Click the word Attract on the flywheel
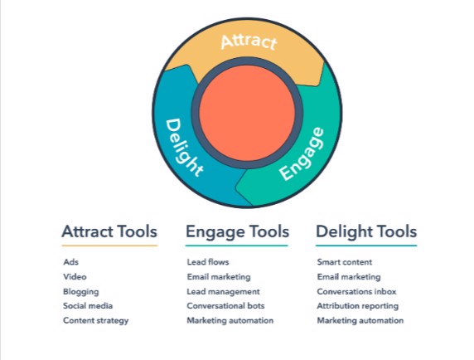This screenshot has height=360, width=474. [x=249, y=41]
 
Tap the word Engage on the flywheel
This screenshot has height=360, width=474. [x=302, y=154]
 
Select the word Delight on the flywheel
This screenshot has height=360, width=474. [x=184, y=148]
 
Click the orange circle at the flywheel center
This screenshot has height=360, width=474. [x=247, y=113]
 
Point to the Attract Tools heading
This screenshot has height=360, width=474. [x=109, y=231]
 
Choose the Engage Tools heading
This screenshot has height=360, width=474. [x=237, y=232]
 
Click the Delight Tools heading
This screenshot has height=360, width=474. [x=366, y=232]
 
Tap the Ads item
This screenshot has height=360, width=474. [x=71, y=262]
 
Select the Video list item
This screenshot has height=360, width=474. [x=75, y=277]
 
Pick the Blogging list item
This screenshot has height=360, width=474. [x=81, y=292]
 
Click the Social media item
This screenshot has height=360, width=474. [x=88, y=306]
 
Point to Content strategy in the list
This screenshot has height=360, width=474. [x=96, y=321]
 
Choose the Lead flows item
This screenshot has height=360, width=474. [x=208, y=262]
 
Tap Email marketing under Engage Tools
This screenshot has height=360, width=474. [x=219, y=277]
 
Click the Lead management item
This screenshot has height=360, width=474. [x=224, y=292]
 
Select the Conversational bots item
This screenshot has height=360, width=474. [x=226, y=306]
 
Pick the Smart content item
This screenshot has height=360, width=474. [x=345, y=262]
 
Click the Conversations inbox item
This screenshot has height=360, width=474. [x=356, y=292]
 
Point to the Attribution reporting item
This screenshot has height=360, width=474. [x=358, y=306]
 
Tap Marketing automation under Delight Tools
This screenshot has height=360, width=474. [x=360, y=321]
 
